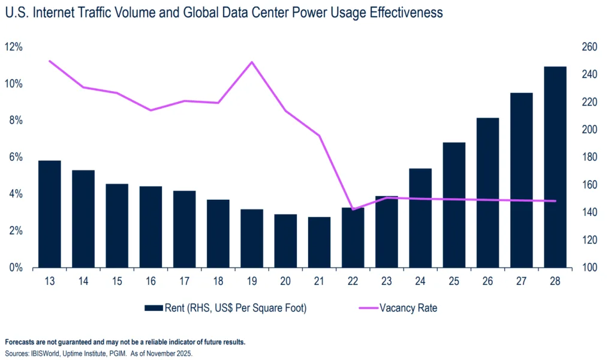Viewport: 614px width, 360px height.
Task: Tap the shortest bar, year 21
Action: [x=319, y=242]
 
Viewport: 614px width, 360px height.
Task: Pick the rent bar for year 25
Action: [x=454, y=205]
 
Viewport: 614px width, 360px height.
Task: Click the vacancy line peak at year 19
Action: [x=252, y=62]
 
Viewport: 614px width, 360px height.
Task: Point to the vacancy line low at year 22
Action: [x=353, y=209]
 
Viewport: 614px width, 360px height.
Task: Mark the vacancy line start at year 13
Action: [x=49, y=61]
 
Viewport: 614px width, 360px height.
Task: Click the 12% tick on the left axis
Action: [x=14, y=47]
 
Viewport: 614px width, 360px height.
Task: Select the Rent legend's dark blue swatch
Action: [x=153, y=308]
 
